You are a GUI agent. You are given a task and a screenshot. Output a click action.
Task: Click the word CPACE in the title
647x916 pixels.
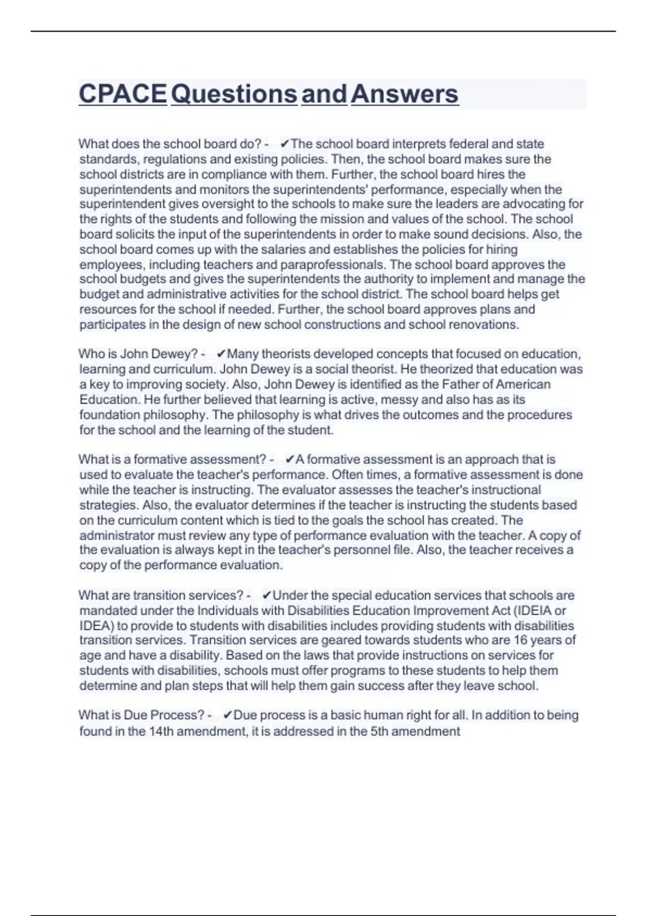tap(122, 94)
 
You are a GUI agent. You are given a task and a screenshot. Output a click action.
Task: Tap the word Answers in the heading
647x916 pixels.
tap(404, 94)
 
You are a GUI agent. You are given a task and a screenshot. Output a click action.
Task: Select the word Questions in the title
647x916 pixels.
tap(234, 94)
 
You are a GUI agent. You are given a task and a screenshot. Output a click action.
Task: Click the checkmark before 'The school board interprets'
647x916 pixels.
tap(285, 144)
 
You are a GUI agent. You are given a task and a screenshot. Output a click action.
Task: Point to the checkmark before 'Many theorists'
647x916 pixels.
tap(221, 354)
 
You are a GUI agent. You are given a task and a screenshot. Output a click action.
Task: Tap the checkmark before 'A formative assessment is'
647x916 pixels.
tap(289, 460)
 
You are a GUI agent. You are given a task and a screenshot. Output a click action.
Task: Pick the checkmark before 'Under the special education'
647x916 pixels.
tap(266, 595)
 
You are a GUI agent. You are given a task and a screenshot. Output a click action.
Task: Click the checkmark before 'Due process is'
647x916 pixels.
tap(227, 715)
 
